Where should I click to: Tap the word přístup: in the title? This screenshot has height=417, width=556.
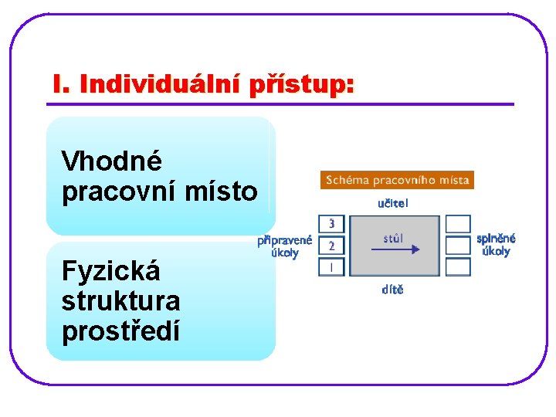302,84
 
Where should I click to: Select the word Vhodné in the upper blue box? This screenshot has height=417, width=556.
112,161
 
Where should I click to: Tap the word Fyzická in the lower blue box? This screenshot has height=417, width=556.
111,271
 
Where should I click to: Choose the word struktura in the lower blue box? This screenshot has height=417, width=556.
120,300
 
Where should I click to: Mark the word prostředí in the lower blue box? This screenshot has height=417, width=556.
120,331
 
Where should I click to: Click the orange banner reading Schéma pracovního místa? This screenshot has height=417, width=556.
396,180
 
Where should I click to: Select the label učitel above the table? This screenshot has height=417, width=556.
393,204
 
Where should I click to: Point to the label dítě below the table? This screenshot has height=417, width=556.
392,290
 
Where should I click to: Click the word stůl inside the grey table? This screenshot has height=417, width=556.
393,238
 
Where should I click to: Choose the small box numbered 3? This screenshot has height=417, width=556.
331,224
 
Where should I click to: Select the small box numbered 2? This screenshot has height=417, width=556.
331,246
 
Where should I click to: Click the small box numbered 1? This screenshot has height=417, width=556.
331,267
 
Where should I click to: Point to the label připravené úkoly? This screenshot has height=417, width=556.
285,246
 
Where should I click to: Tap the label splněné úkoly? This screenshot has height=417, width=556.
496,245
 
